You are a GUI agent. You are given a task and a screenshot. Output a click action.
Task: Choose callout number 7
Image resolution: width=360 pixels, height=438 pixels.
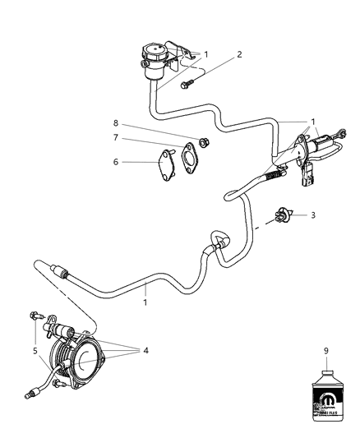[x=117, y=139]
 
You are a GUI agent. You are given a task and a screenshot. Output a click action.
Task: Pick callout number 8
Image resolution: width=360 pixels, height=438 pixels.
[x=117, y=123]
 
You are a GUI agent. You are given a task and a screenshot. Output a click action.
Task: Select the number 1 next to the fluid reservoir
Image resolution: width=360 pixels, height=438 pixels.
[x=205, y=54]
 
